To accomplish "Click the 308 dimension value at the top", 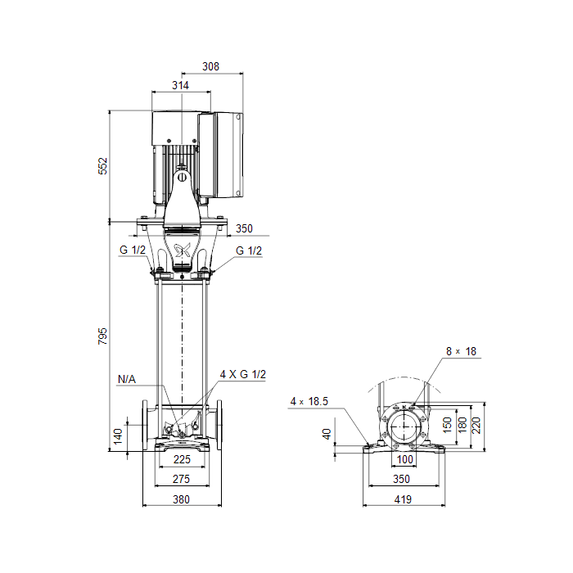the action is click(211, 66).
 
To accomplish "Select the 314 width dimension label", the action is click(181, 85).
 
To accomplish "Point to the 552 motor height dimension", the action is click(103, 166).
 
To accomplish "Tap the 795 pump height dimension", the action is click(102, 336).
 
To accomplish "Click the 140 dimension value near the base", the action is click(118, 436).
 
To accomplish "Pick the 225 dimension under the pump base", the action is click(182, 459).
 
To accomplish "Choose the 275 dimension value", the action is click(181, 479).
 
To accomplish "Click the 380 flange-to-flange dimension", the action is click(181, 499).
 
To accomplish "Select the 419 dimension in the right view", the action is click(403, 499).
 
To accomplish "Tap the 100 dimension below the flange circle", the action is click(405, 459).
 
